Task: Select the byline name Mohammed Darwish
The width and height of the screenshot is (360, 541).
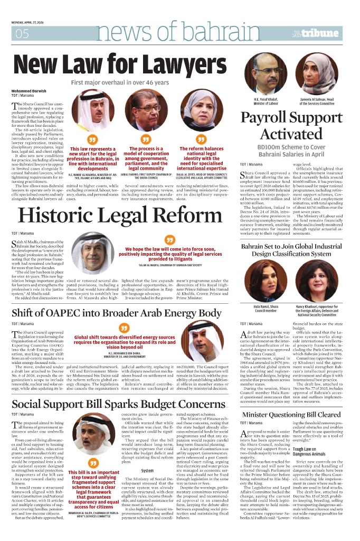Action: click(29, 91)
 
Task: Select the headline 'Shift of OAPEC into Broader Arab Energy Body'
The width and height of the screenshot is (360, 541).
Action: click(117, 313)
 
